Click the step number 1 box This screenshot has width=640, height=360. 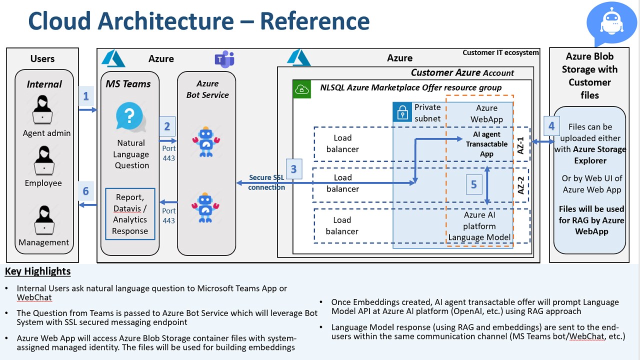click(86, 96)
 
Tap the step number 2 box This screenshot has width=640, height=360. click(167, 126)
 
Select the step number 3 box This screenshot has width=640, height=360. click(293, 169)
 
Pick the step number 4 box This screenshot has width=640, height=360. click(551, 126)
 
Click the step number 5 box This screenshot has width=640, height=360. click(474, 184)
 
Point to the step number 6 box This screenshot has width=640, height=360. click(86, 191)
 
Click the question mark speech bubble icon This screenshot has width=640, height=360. click(130, 117)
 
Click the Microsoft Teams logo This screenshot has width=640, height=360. click(224, 59)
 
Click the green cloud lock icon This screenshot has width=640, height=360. click(301, 89)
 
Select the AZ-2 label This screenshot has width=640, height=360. click(521, 184)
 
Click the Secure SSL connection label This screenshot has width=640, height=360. click(266, 182)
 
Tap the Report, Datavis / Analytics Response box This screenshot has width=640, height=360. click(130, 214)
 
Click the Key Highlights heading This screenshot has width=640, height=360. click(37, 271)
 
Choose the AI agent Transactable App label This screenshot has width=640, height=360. click(486, 144)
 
